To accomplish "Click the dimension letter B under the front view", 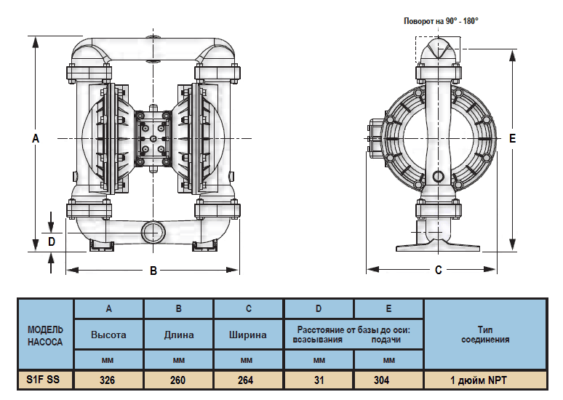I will [153, 271].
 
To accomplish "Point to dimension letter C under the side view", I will [439, 271].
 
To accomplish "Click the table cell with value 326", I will [108, 380].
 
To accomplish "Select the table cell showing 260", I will [178, 380].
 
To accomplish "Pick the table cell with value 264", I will [248, 380].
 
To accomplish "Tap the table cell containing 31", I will [319, 380].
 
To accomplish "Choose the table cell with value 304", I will [388, 380].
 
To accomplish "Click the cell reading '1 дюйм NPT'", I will [484, 380].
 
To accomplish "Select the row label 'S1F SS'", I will [47, 380].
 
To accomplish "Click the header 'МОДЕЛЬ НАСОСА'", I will [47, 335].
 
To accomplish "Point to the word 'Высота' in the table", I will [108, 335].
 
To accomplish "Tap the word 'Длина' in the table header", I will [178, 335].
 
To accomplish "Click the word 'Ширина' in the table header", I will [248, 335].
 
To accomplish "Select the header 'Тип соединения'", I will [484, 335].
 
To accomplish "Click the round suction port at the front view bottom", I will [153, 233].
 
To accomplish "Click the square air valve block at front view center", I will [153, 138].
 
